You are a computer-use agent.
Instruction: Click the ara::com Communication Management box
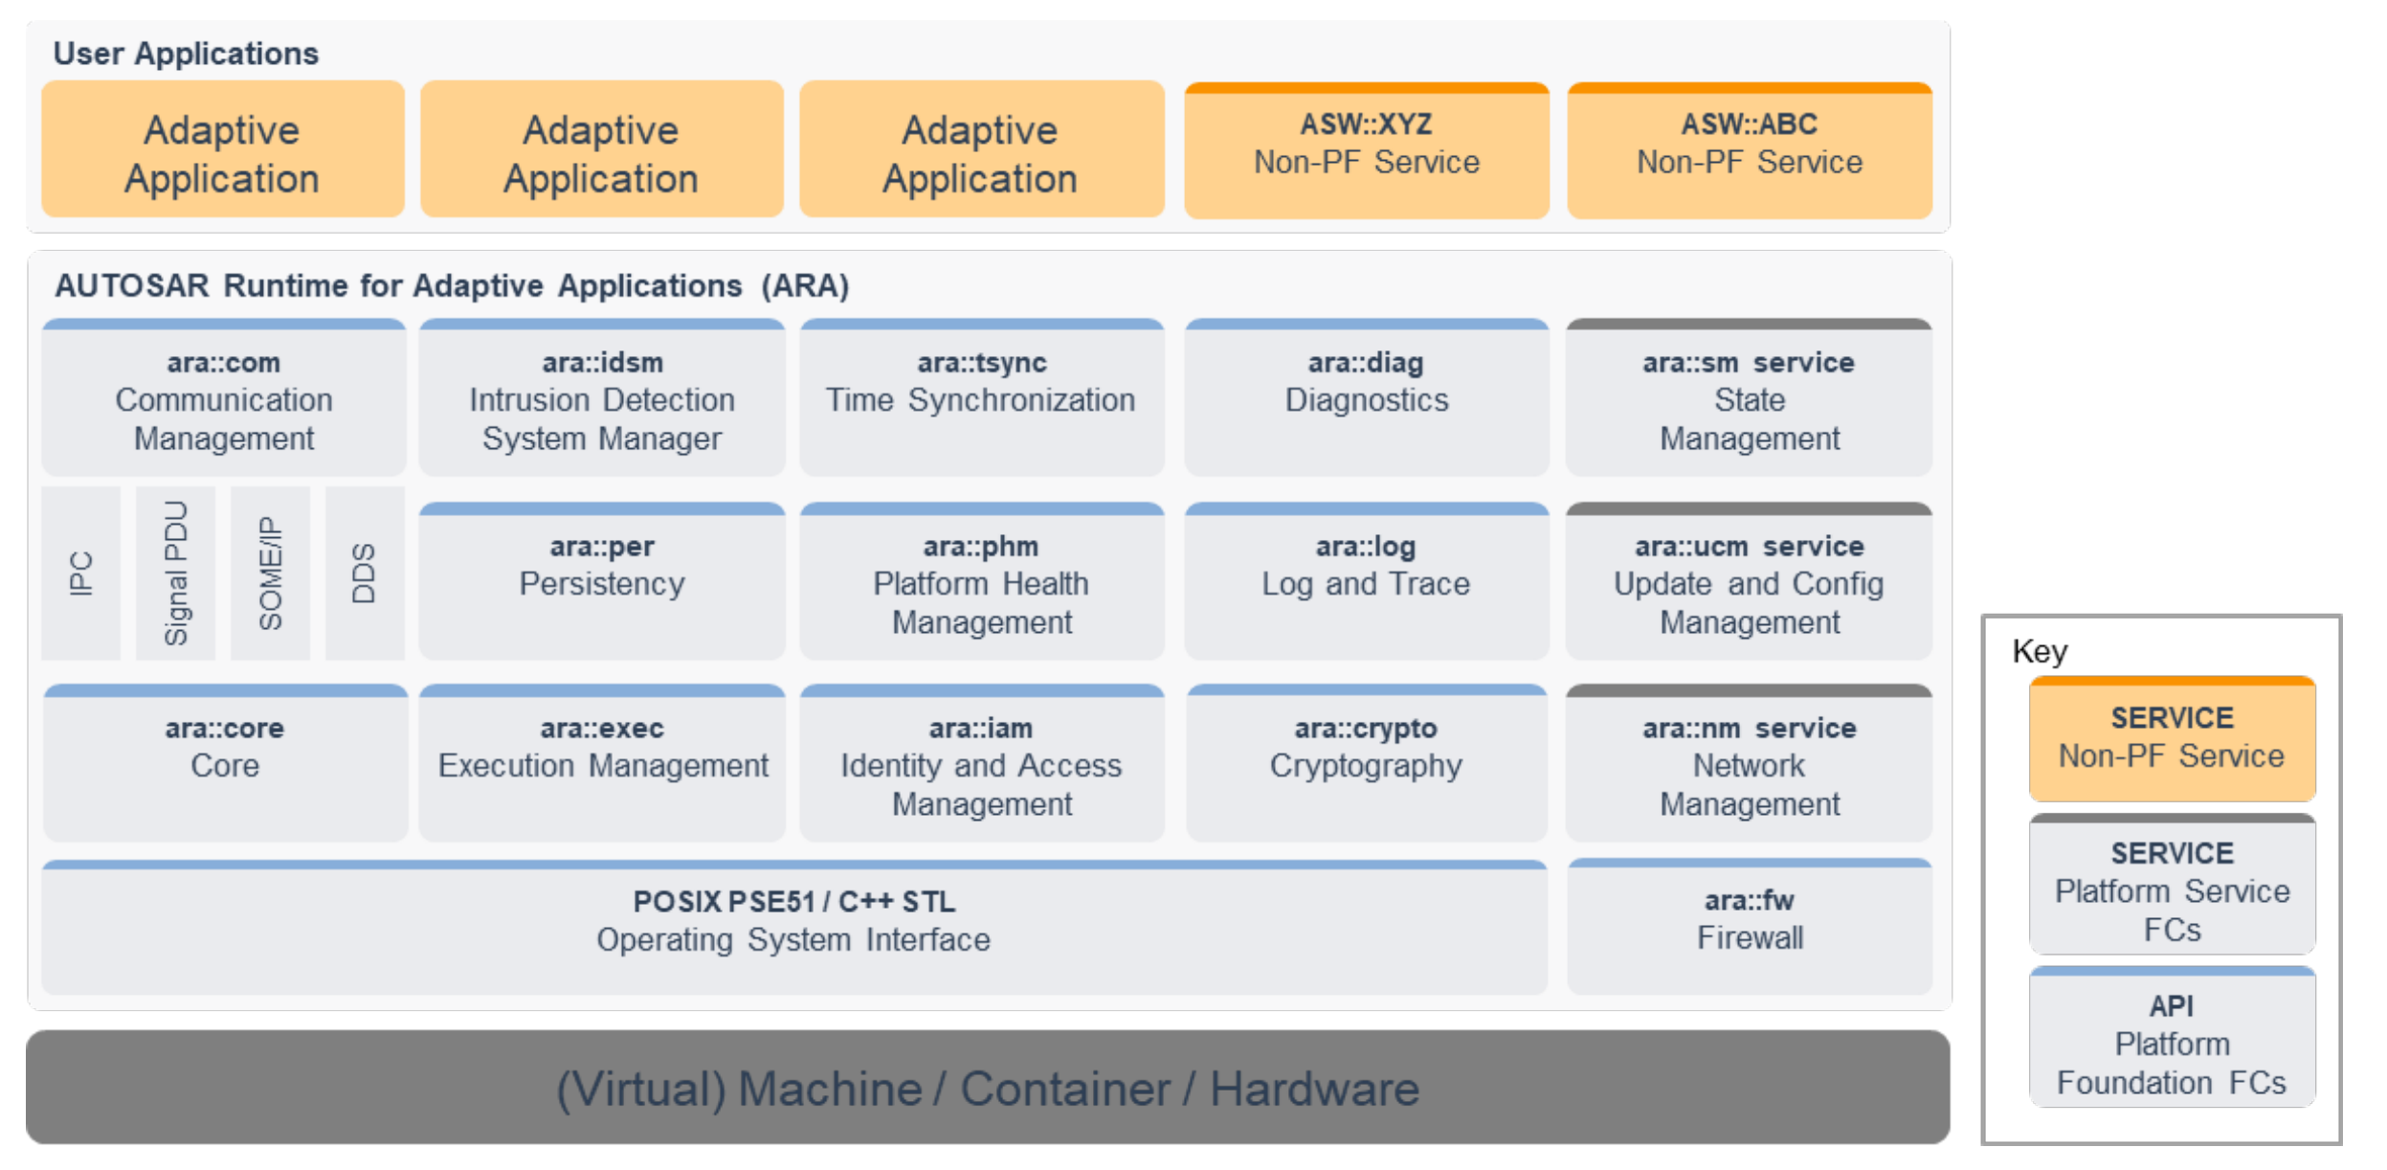(224, 397)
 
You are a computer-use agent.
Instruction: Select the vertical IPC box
(81, 574)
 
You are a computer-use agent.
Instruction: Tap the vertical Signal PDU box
(175, 574)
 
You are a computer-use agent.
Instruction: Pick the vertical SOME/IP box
(270, 574)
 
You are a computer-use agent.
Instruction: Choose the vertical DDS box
(365, 574)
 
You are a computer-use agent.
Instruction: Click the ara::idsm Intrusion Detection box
(602, 397)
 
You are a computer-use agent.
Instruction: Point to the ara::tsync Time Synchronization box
(982, 397)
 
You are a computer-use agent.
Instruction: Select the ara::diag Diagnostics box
(1367, 397)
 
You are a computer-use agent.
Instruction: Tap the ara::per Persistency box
(602, 581)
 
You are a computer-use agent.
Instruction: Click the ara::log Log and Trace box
(1367, 581)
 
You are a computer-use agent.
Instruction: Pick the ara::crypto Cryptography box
(1367, 763)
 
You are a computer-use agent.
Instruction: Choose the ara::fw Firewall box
(1750, 927)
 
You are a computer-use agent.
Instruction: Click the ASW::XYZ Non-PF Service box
(1367, 150)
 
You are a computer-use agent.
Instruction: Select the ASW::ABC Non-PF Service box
(1750, 150)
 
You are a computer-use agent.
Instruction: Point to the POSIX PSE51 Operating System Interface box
(794, 927)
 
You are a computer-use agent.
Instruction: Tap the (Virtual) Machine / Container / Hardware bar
(988, 1088)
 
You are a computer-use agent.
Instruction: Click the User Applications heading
(186, 54)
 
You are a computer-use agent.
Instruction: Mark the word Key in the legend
(2040, 651)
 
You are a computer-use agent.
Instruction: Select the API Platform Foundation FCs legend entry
(2172, 1037)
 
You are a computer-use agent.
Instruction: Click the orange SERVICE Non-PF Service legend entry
(2172, 739)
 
